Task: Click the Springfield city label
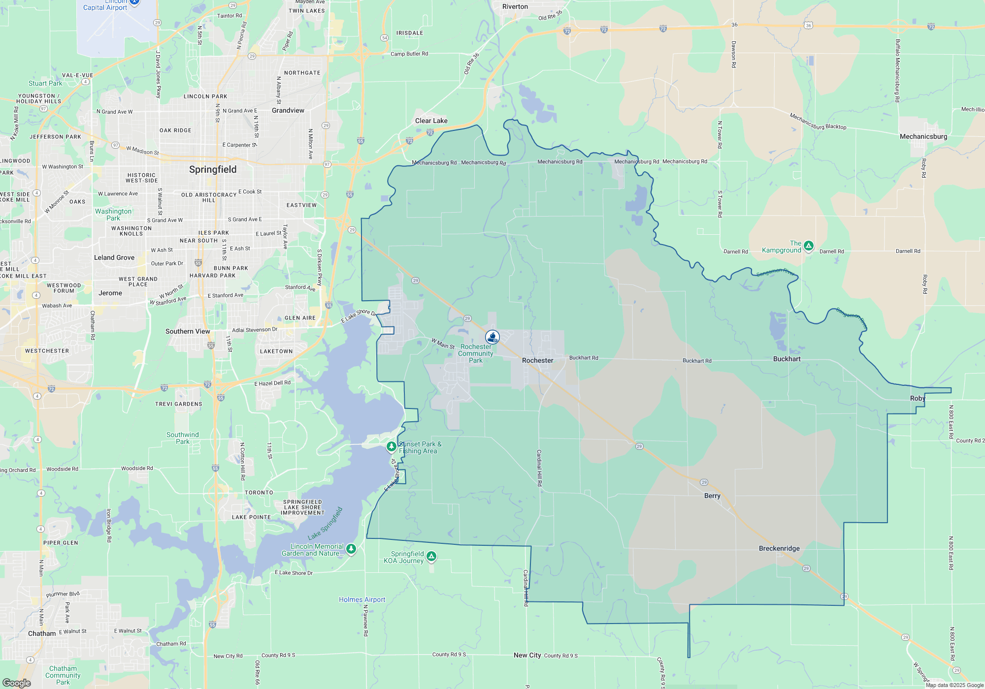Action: pos(213,169)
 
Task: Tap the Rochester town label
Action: pos(537,360)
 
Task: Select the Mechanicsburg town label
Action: pos(923,136)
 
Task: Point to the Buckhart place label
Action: pos(787,359)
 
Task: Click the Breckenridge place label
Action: pos(779,548)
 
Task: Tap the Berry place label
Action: pos(712,496)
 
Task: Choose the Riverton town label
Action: pos(515,6)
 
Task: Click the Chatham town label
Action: pos(42,633)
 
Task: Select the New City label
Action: pos(527,655)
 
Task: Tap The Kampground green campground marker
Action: pos(808,246)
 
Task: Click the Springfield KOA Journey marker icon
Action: pos(431,556)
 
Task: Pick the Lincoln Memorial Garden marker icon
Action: pos(351,549)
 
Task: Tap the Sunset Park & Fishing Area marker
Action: pos(391,446)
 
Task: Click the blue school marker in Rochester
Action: pos(492,337)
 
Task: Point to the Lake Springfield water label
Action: pos(325,523)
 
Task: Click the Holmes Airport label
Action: pos(362,599)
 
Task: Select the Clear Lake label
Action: pos(431,121)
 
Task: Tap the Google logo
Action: pos(17,683)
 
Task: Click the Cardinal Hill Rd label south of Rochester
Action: pos(539,468)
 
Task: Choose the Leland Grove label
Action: pos(114,257)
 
